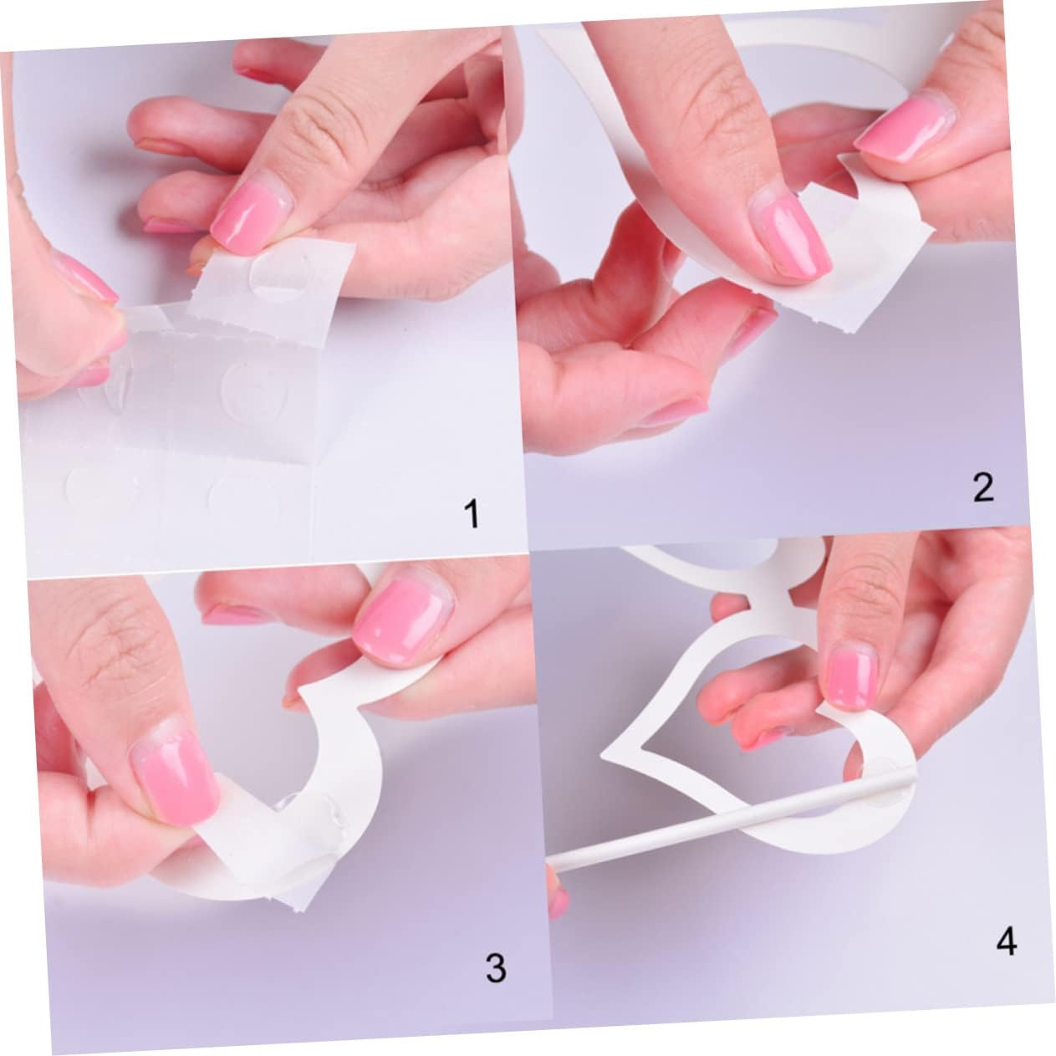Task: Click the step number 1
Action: point(472,513)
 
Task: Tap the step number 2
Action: point(983,487)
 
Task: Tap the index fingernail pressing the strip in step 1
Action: point(251,216)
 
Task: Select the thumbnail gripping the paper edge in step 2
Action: point(904,130)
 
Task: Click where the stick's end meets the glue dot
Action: point(910,773)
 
